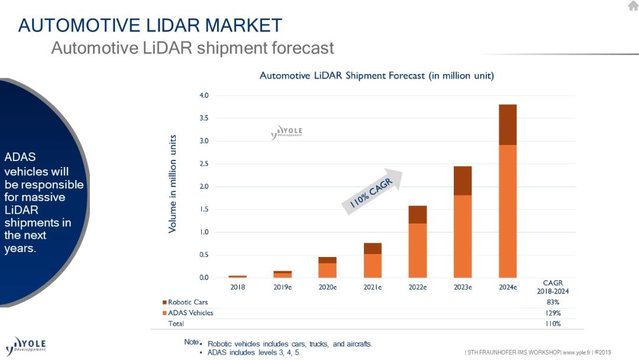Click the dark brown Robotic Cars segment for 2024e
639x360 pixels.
click(x=508, y=125)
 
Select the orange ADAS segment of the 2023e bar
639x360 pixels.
click(x=463, y=236)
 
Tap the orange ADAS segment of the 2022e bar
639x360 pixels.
click(x=418, y=250)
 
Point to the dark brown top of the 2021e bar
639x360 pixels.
click(x=373, y=249)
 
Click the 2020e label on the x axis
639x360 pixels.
click(x=327, y=287)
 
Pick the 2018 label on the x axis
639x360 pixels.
click(x=237, y=287)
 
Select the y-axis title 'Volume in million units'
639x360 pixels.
click(x=173, y=184)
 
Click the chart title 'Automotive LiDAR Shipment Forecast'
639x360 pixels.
click(x=376, y=76)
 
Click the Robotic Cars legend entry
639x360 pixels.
click(x=188, y=303)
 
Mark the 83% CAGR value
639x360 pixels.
click(x=553, y=303)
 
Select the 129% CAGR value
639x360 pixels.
click(x=553, y=313)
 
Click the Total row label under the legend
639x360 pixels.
click(x=176, y=323)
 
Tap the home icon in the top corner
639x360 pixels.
click(x=632, y=6)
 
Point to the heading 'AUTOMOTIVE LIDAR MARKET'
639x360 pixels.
click(x=150, y=25)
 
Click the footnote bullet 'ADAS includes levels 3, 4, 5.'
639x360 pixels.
click(x=254, y=352)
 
